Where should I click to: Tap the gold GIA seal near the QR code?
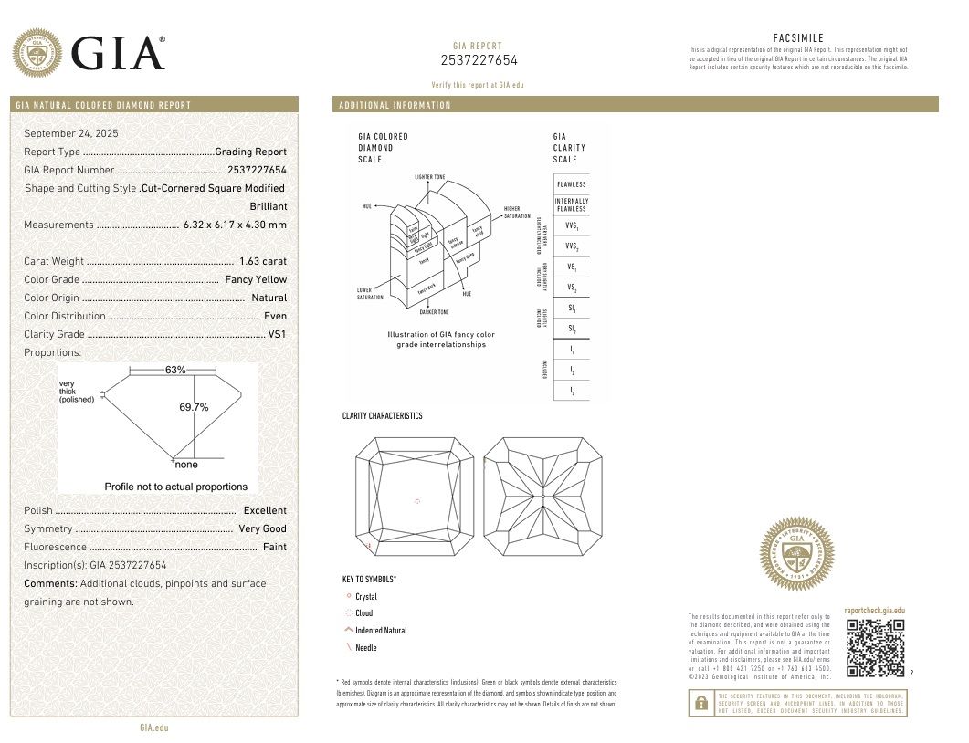click(x=797, y=554)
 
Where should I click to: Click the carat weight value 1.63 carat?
click(x=262, y=261)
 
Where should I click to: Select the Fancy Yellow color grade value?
click(x=256, y=279)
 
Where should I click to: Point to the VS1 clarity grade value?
click(x=277, y=334)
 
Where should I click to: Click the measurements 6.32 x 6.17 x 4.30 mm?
click(x=235, y=225)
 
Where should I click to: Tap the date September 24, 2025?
click(x=65, y=133)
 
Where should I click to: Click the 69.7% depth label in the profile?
click(x=194, y=407)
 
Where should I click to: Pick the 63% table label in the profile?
click(x=175, y=370)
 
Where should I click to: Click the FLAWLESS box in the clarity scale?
click(x=571, y=184)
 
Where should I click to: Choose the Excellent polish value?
click(x=265, y=510)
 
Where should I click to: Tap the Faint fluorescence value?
click(x=274, y=547)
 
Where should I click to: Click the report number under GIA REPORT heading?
click(x=479, y=60)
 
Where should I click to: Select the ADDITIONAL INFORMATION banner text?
click(x=395, y=105)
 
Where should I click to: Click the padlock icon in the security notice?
click(x=700, y=703)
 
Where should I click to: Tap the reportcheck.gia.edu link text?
click(x=874, y=610)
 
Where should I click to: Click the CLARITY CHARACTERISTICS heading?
click(x=382, y=416)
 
